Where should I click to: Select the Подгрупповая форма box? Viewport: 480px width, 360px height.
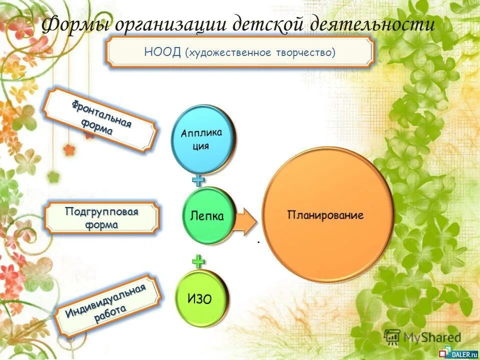[101, 218]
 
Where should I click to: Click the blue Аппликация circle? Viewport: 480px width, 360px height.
[202, 139]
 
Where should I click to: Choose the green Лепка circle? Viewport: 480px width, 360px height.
[207, 216]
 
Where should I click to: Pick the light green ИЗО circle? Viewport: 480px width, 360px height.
[201, 299]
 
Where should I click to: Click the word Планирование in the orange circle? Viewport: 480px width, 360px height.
[325, 215]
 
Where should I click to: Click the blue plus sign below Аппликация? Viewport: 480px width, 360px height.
[199, 180]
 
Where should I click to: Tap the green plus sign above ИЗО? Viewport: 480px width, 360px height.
[199, 261]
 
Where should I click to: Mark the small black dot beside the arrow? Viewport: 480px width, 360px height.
[259, 242]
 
